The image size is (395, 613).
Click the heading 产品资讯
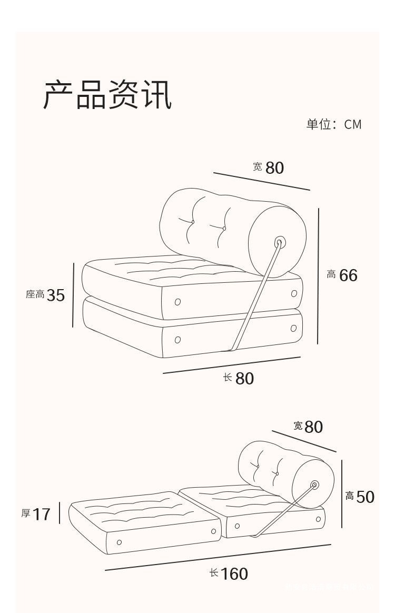pyautogui.click(x=107, y=95)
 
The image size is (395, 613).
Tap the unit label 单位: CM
pyautogui.click(x=334, y=124)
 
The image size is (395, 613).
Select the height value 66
pyautogui.click(x=348, y=275)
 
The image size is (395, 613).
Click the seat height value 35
pyautogui.click(x=56, y=295)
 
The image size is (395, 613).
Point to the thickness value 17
pyautogui.click(x=42, y=514)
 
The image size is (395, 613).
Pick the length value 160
pyautogui.click(x=234, y=574)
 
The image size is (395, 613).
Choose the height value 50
pyautogui.click(x=366, y=497)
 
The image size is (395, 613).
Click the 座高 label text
pyautogui.click(x=35, y=294)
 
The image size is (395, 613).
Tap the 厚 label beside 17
pyautogui.click(x=26, y=513)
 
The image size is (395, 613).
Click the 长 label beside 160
pyautogui.click(x=214, y=572)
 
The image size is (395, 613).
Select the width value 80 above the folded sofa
pyautogui.click(x=274, y=167)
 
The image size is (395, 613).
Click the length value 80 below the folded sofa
pyautogui.click(x=244, y=378)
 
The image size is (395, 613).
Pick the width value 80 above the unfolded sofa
pyautogui.click(x=313, y=427)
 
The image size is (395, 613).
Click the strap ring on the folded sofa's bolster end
pyautogui.click(x=280, y=243)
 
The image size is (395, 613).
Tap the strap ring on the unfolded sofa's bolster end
pyautogui.click(x=315, y=485)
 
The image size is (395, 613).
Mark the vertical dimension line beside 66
pyautogui.click(x=318, y=275)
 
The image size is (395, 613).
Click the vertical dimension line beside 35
pyautogui.click(x=73, y=295)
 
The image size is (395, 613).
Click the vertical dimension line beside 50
pyautogui.click(x=342, y=494)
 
